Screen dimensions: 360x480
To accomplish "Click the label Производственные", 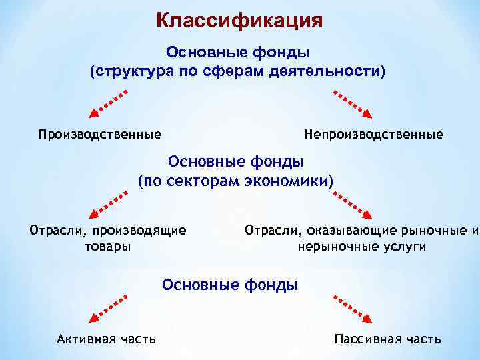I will coord(99,135).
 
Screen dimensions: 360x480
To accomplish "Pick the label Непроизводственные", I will coord(373,135).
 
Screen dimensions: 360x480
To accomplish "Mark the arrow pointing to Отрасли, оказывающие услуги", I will coord(353,205).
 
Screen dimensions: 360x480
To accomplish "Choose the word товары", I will coord(107,246).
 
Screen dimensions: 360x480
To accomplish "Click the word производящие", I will coord(139,231).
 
